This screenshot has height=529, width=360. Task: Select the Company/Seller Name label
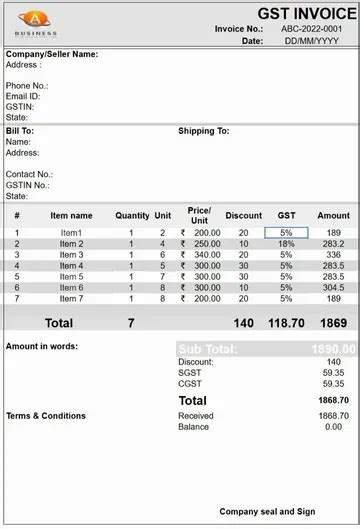click(52, 54)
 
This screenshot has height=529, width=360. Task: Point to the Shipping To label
click(204, 131)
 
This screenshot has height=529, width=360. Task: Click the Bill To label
click(20, 131)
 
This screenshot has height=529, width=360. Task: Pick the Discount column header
click(243, 215)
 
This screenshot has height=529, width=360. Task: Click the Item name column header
click(71, 215)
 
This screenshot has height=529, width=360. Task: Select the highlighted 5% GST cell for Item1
click(286, 232)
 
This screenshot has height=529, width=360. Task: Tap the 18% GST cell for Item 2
click(286, 243)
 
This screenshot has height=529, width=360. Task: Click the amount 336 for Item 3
click(333, 254)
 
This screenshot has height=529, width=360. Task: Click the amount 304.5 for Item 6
click(333, 287)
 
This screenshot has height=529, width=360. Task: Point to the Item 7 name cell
click(71, 298)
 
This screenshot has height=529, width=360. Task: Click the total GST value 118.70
click(286, 323)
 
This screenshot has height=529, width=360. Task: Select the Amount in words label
click(42, 347)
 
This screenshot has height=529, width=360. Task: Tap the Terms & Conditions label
click(46, 415)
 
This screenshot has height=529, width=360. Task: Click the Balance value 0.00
click(333, 427)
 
